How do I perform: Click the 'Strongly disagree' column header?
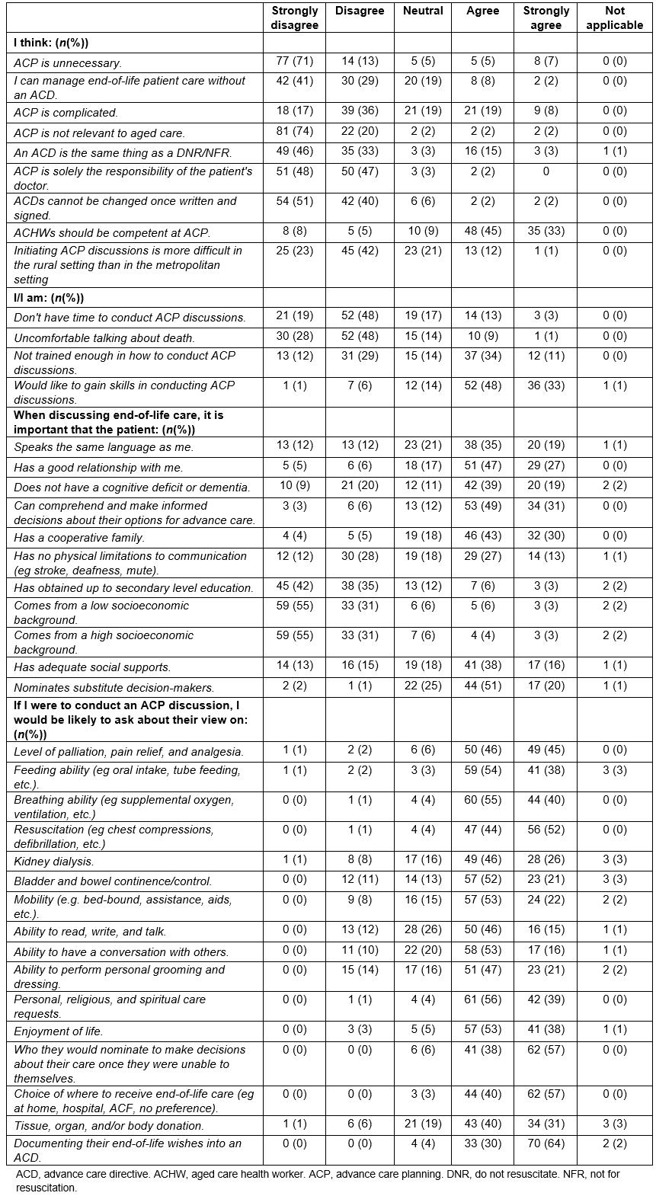(294, 18)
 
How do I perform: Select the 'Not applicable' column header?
(614, 18)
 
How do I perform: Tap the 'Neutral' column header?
(422, 11)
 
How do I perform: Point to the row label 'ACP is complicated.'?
(66, 113)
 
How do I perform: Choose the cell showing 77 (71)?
(294, 61)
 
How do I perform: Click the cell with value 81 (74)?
(294, 131)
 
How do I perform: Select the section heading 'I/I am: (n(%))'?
(49, 298)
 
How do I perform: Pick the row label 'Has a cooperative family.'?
(79, 538)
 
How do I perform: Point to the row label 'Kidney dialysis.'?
(54, 862)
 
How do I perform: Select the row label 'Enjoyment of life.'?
(59, 1031)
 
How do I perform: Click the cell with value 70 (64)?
(546, 1143)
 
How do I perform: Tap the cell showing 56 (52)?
(546, 830)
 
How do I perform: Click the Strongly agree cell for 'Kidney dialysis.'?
(546, 860)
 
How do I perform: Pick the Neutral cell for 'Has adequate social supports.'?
(422, 667)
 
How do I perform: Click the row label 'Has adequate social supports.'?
(92, 668)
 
